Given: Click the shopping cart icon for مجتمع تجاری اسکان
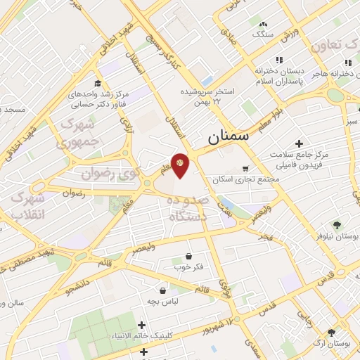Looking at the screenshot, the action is click(x=245, y=168).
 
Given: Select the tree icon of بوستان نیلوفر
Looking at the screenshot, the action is click(x=337, y=225).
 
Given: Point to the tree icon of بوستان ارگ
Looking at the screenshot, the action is click(x=331, y=333).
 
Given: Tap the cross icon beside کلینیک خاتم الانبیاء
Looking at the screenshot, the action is click(x=143, y=325).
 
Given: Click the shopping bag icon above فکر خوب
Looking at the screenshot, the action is click(x=188, y=257).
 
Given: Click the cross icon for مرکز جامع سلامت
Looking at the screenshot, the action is click(x=300, y=143).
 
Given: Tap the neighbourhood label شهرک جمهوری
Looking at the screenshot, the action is click(x=78, y=132).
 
